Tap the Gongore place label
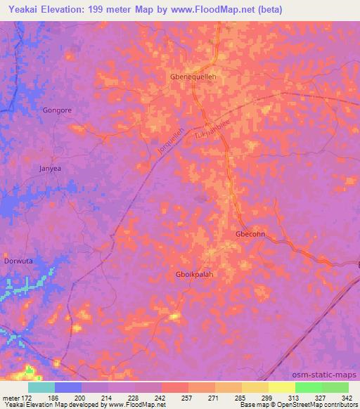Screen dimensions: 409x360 [x=57, y=110]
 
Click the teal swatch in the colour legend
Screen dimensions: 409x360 [x=41, y=387]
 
